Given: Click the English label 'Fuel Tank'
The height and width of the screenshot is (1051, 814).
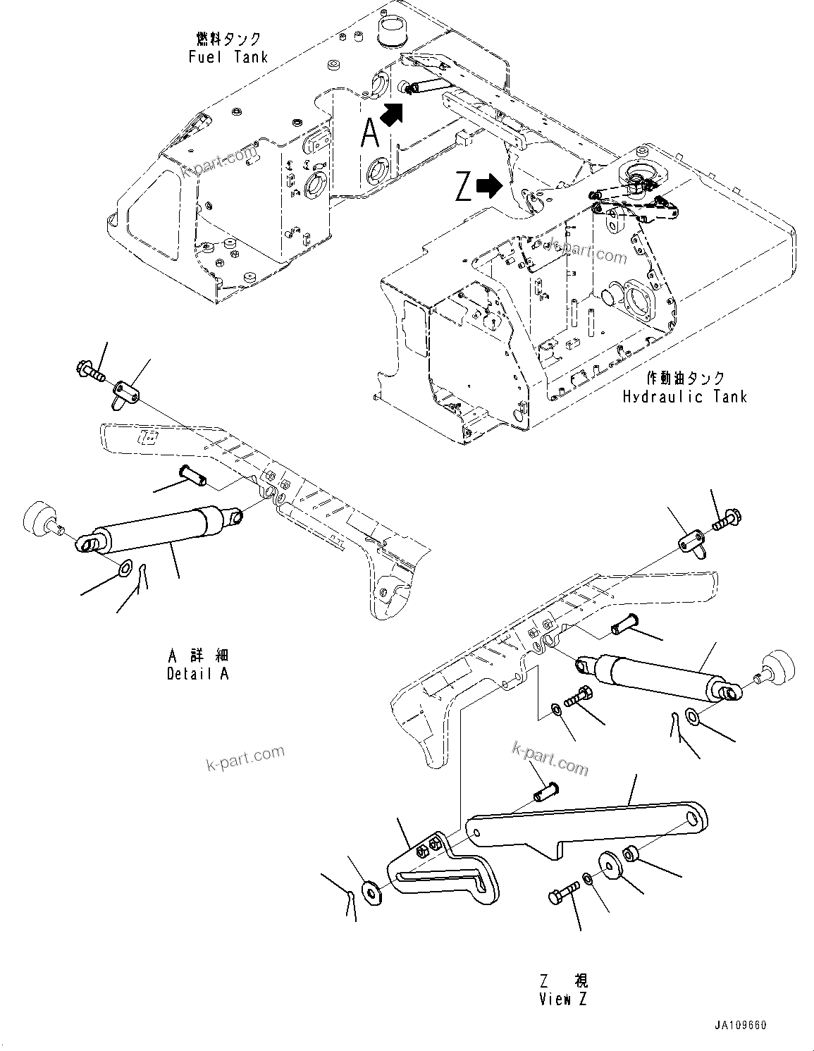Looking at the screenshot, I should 228,57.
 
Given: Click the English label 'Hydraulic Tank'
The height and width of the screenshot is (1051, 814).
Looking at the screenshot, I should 684,396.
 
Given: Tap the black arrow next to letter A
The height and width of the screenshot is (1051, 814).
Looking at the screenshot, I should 392,113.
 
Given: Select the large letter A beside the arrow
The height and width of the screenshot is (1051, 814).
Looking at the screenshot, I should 369,133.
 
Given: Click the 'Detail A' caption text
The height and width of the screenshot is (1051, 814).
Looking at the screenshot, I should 197,673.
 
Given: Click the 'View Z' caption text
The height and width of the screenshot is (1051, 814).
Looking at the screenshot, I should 563,998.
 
